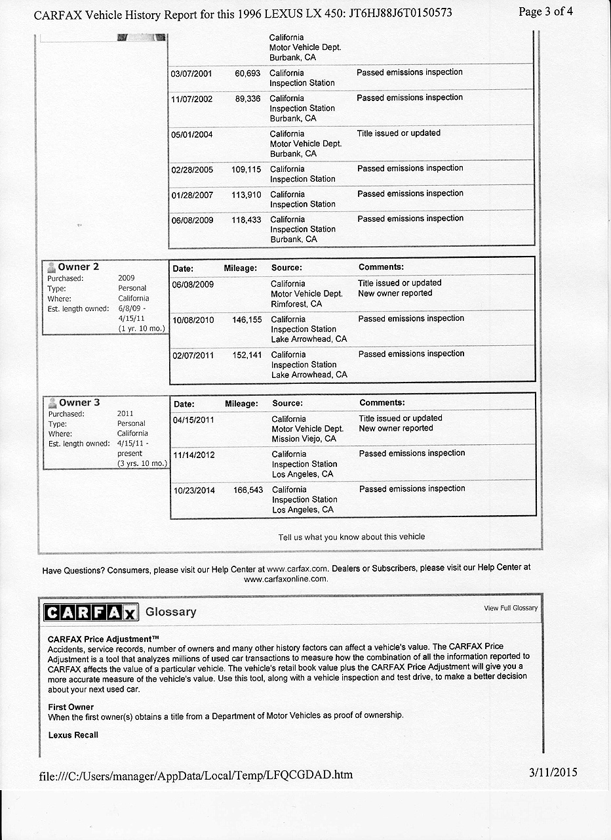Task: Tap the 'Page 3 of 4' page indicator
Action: [545, 12]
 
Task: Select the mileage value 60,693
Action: [247, 73]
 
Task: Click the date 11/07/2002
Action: [192, 98]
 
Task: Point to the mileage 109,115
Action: [246, 169]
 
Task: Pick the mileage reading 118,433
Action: [246, 220]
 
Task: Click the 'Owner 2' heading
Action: [78, 267]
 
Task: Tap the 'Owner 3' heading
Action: [79, 402]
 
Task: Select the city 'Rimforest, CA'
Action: [296, 304]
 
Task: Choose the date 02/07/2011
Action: [193, 355]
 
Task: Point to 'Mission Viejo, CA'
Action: [304, 439]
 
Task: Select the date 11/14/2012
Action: [193, 454]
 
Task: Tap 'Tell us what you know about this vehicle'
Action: [351, 537]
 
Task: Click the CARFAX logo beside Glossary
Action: [91, 612]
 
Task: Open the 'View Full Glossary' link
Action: [511, 608]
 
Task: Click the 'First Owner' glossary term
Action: [71, 707]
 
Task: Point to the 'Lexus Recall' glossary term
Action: [73, 735]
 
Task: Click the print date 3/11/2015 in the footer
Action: [553, 772]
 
